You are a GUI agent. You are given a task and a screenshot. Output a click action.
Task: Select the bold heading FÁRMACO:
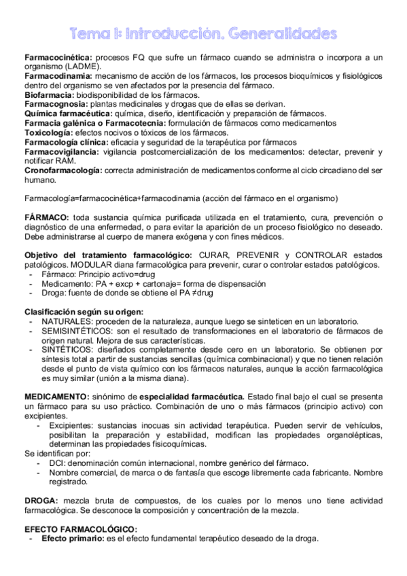pos(46,216)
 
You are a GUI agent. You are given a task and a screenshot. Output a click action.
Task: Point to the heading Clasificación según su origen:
pos(84,311)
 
